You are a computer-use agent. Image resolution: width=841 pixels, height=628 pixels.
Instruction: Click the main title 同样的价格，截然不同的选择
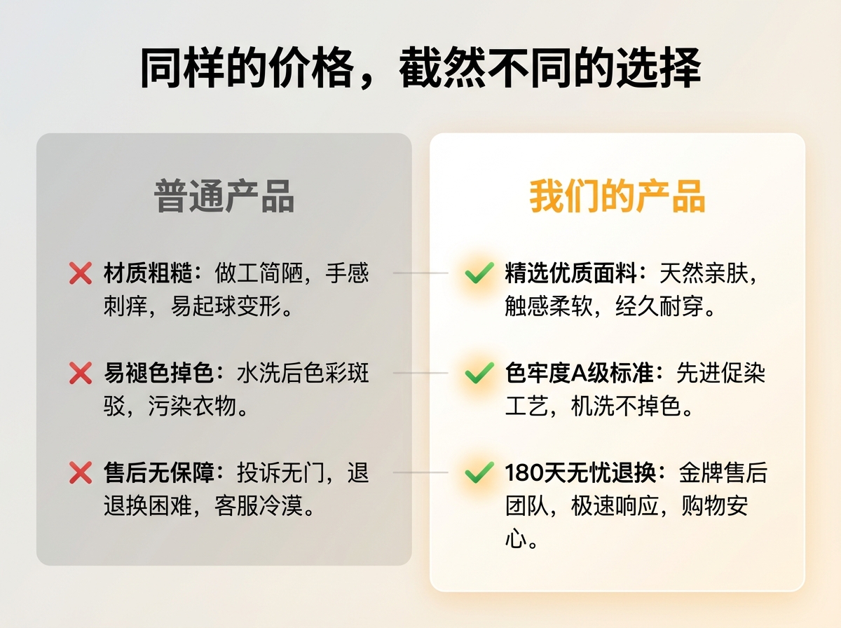420,69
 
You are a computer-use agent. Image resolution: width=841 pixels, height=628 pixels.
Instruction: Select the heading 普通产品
224,196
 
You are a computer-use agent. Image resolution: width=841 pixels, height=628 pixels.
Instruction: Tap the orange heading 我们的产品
617,196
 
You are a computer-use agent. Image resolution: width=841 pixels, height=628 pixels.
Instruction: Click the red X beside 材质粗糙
81,273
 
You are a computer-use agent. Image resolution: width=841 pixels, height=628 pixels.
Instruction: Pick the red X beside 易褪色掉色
81,374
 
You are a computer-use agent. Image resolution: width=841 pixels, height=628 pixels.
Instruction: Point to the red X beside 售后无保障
81,474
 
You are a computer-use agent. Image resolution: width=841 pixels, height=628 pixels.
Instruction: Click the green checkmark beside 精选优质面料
479,273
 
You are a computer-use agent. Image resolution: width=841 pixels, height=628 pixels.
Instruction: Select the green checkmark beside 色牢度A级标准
479,374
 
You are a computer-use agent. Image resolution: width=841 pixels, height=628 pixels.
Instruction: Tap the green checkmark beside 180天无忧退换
479,474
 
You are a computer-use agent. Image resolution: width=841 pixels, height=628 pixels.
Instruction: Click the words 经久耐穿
659,306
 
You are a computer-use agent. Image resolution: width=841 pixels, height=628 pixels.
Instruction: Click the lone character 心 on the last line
516,540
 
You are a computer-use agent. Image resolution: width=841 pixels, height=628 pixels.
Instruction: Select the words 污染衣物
193,407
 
